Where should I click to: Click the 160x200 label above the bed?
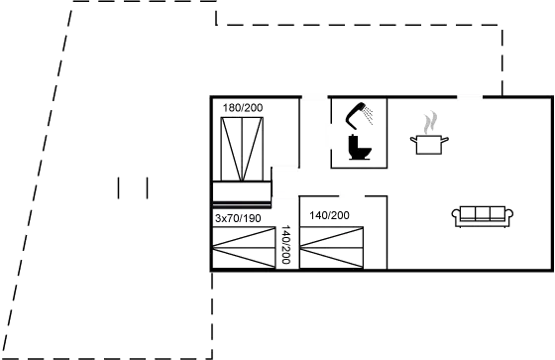click(242, 107)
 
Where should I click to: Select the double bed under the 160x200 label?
click(242, 149)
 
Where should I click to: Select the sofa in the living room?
click(481, 215)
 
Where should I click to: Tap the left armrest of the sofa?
click(456, 216)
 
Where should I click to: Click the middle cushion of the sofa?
click(481, 214)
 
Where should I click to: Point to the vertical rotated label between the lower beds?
click(286, 244)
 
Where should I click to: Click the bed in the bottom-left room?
click(243, 248)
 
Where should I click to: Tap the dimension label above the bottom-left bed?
click(238, 216)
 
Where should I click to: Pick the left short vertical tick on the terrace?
click(119, 186)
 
